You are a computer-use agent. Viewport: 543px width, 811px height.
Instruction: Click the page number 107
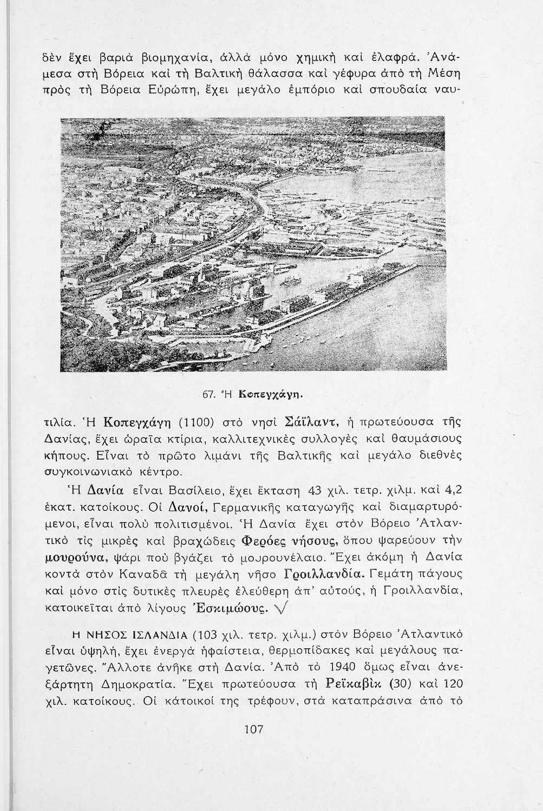tap(253, 729)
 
